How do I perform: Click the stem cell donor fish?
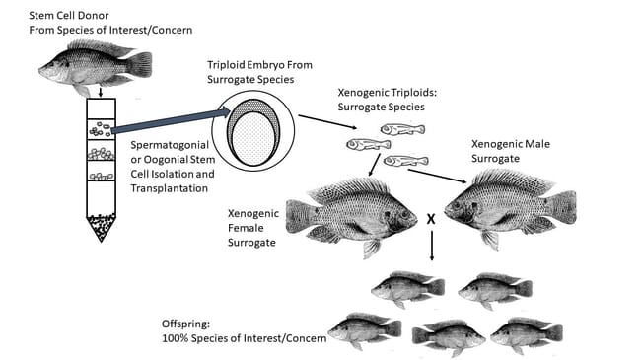[x=94, y=67]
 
